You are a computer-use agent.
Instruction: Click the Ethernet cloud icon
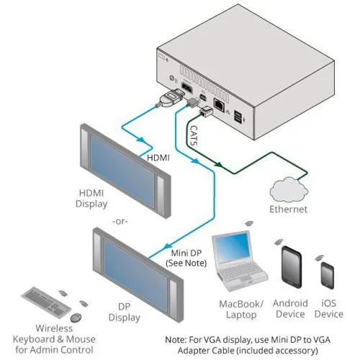click(x=287, y=190)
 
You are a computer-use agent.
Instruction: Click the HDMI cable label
click(x=158, y=157)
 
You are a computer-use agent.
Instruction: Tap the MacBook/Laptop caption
click(x=242, y=309)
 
